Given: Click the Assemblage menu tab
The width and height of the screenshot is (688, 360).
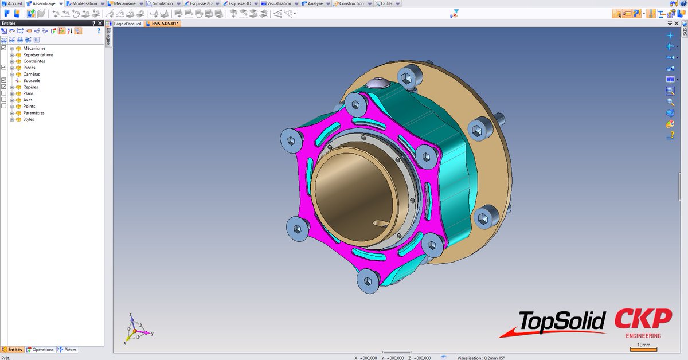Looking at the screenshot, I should [43, 3].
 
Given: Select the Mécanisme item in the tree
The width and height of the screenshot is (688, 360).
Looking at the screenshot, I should [34, 49].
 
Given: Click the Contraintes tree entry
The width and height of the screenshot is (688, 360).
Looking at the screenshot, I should [34, 61].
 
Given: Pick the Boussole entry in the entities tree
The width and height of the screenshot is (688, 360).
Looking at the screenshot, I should [32, 81].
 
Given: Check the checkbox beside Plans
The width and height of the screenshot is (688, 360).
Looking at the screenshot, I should [4, 93].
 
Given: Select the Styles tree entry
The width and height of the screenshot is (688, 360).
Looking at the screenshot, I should [28, 119].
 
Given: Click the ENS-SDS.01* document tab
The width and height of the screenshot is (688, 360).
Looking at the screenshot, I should [162, 24].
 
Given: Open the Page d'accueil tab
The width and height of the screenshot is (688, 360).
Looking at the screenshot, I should [127, 24].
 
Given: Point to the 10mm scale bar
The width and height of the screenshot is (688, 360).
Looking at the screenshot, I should [643, 348].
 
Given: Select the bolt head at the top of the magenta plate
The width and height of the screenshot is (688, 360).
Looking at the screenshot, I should [356, 105].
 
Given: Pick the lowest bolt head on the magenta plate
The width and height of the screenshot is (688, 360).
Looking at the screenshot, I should [368, 281].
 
